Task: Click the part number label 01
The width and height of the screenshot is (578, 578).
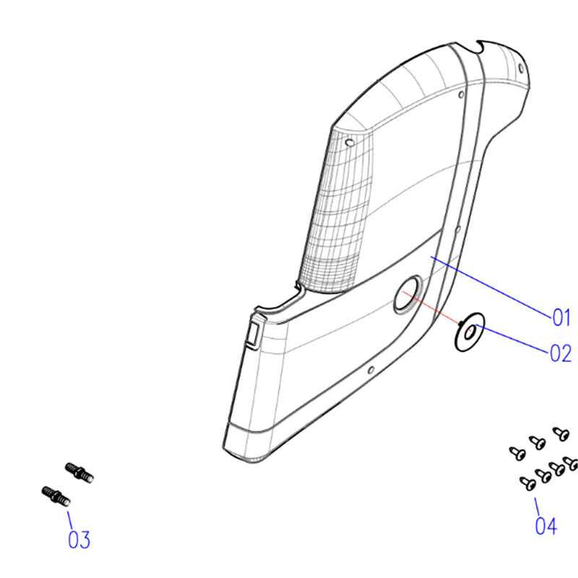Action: (561, 317)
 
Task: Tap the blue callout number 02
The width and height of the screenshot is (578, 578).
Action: (561, 353)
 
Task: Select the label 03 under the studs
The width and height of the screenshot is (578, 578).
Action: (79, 540)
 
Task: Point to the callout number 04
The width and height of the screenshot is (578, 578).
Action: (546, 525)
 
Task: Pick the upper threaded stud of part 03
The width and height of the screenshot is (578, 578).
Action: (79, 473)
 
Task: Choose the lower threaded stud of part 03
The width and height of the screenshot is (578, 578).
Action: (56, 496)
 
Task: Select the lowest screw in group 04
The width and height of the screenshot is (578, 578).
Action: (528, 483)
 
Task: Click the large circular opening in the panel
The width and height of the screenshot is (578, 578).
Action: (407, 295)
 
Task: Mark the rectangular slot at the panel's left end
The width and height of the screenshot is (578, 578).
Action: (254, 333)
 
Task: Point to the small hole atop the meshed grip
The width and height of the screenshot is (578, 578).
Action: (350, 142)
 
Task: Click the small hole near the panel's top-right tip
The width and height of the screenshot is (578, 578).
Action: (521, 68)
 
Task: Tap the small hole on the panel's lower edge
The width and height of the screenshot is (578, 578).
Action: (371, 369)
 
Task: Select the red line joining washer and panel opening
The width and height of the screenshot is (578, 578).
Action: (431, 308)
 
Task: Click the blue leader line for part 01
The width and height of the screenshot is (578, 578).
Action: (491, 286)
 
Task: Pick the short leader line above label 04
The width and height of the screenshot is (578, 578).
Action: (537, 507)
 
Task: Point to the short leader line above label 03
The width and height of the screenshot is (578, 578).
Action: (70, 520)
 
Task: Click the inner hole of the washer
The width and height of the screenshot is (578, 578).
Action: (469, 332)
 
